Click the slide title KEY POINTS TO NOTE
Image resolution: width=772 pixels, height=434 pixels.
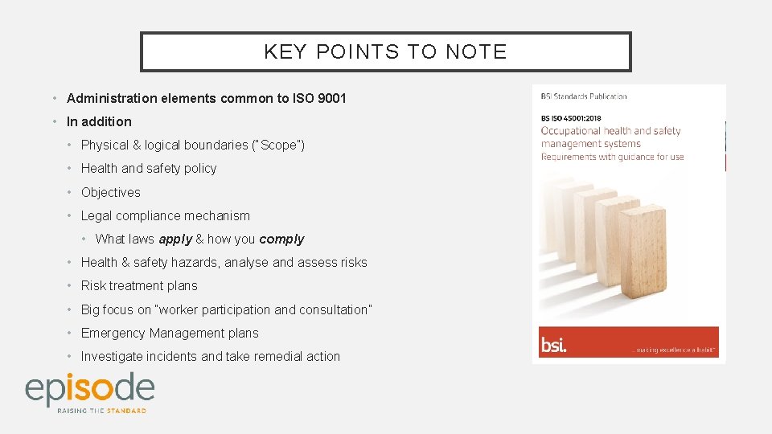[385, 52]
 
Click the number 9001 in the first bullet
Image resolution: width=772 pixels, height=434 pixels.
[332, 98]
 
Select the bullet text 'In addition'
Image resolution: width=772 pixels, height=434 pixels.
[99, 121]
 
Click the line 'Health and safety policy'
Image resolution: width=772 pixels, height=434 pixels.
[149, 168]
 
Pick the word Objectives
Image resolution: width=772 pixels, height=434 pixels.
[111, 192]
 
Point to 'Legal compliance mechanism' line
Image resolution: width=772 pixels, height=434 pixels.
[166, 215]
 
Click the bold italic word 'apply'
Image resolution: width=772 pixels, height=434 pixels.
[175, 239]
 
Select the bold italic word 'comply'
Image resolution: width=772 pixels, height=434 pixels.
[281, 239]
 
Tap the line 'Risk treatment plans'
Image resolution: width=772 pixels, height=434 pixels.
[139, 285]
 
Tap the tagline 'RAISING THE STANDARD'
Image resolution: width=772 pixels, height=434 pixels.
[101, 411]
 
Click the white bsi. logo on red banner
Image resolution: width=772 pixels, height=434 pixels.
[553, 346]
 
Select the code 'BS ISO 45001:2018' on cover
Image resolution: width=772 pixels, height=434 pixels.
[571, 118]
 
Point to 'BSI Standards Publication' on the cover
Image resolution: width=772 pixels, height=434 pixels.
[584, 96]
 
